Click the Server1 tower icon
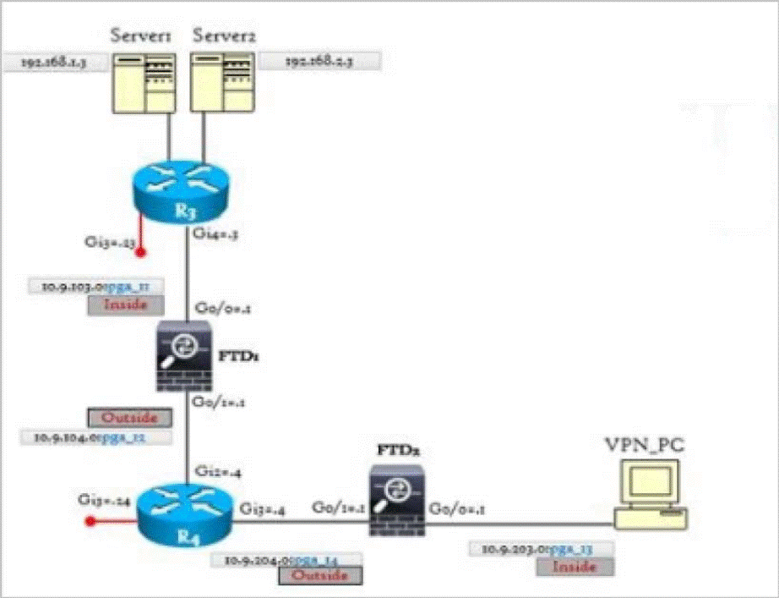145,82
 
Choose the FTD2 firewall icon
397,506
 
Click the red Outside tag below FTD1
129,418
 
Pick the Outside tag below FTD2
319,575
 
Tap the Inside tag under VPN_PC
575,567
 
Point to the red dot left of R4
87,522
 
